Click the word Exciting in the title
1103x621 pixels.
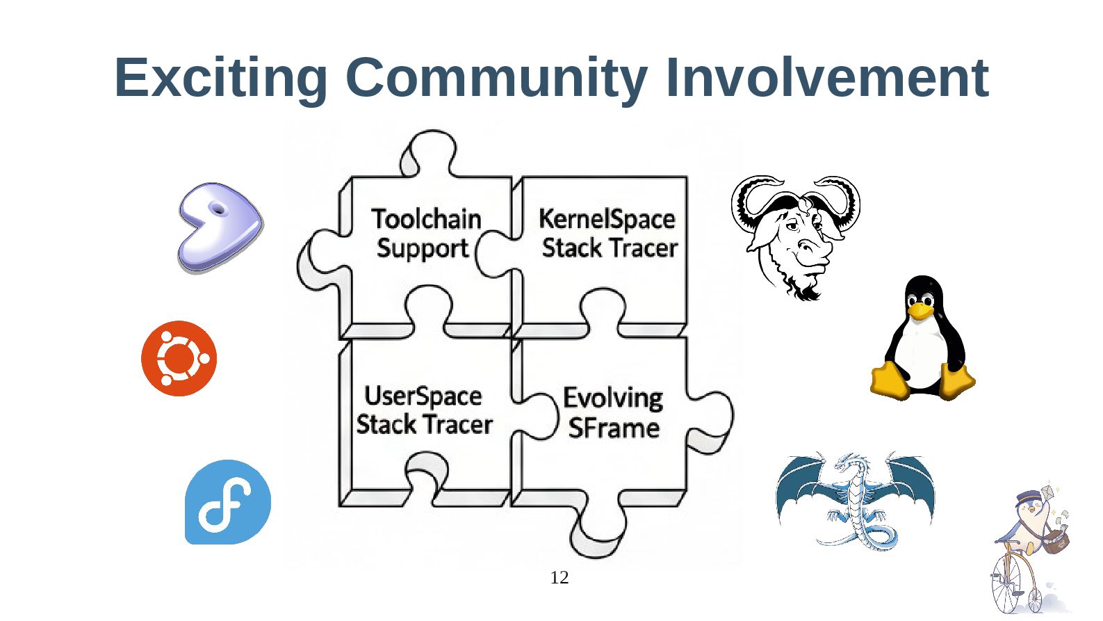pyautogui.click(x=220, y=77)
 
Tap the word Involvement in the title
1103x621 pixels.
pyautogui.click(x=826, y=77)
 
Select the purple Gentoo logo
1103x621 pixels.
pyautogui.click(x=219, y=227)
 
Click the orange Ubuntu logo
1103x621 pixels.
pyautogui.click(x=179, y=358)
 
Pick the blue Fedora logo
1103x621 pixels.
pyautogui.click(x=227, y=501)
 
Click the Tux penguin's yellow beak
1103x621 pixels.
pyautogui.click(x=920, y=310)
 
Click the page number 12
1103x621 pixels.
pyautogui.click(x=559, y=577)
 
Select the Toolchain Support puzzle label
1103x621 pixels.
pyautogui.click(x=425, y=234)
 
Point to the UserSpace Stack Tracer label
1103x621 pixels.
pyautogui.click(x=424, y=410)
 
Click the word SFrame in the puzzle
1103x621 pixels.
pyautogui.click(x=613, y=428)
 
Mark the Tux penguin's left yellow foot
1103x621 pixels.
pyautogui.click(x=890, y=381)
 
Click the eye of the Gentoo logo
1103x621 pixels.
pyautogui.click(x=218, y=209)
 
